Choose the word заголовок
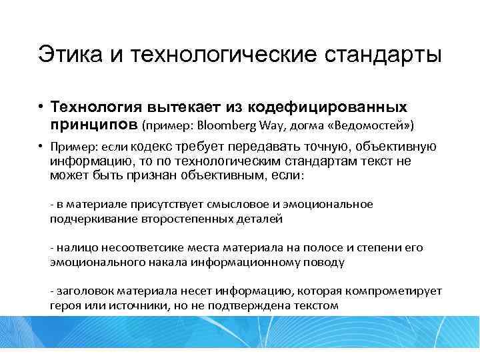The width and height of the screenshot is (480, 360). pyautogui.click(x=84, y=292)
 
